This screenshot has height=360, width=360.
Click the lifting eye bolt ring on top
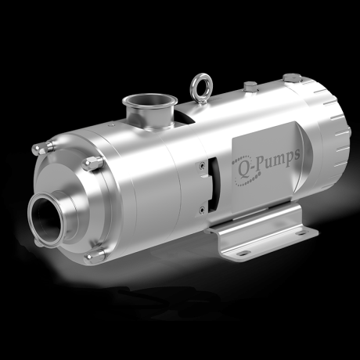[x=197, y=82]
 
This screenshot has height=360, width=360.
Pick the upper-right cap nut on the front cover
[x=94, y=163]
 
